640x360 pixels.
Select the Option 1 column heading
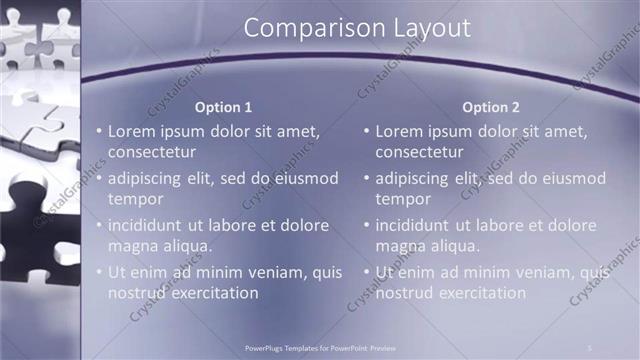tap(223, 107)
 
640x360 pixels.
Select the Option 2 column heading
tap(490, 107)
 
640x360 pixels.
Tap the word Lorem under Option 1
tap(132, 131)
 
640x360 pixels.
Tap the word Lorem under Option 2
tap(400, 131)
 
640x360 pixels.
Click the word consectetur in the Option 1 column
tap(152, 152)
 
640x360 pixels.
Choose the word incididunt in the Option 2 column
tap(419, 225)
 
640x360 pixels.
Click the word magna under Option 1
tap(132, 246)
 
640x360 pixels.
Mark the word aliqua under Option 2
tap(453, 246)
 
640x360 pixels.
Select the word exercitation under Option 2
tap(479, 293)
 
